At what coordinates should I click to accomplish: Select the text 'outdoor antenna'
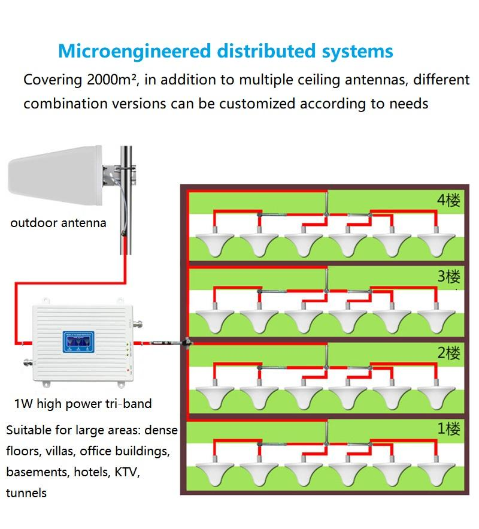[58, 223]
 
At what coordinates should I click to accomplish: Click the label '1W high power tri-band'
[83, 403]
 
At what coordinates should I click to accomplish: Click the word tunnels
[26, 493]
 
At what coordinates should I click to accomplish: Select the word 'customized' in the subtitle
[257, 103]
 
